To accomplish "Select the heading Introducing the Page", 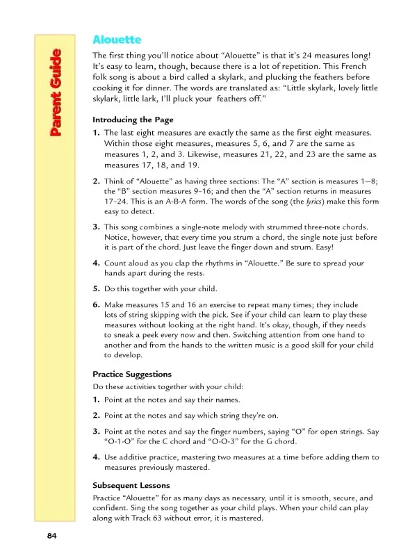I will (133, 120).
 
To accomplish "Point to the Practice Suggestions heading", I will (132, 374).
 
